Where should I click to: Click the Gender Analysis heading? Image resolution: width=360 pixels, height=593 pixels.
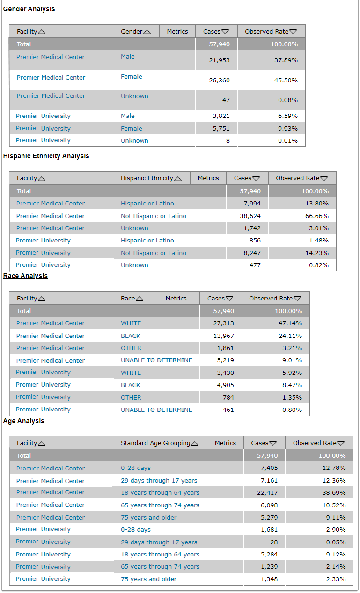[29, 9]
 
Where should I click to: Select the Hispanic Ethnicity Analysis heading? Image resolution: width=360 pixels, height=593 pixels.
[46, 156]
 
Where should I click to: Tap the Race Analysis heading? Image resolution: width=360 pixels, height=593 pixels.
[25, 276]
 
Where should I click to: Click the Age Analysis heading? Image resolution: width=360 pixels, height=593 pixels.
[23, 421]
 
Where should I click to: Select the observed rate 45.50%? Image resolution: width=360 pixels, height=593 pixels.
[286, 80]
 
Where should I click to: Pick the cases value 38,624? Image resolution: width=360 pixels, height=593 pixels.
[250, 216]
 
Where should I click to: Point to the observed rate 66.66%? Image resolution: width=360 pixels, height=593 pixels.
[316, 216]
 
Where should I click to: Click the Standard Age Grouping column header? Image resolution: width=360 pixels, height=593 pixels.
[155, 443]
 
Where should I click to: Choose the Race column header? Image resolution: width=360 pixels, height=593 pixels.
[128, 298]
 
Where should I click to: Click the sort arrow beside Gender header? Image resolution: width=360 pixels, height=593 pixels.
[147, 32]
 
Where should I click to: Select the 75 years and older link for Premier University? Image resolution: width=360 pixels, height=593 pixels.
[148, 579]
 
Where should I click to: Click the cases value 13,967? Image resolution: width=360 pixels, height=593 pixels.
[223, 336]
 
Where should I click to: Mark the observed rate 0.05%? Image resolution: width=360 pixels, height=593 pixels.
[336, 542]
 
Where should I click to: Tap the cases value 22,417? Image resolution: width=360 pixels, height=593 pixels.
[266, 492]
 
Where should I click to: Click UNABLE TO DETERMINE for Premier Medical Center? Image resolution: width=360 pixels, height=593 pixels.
[156, 360]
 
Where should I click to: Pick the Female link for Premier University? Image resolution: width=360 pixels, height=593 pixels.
[131, 128]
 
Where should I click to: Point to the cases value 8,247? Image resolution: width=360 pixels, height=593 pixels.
[250, 253]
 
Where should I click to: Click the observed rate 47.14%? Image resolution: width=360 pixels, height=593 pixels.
[290, 323]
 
